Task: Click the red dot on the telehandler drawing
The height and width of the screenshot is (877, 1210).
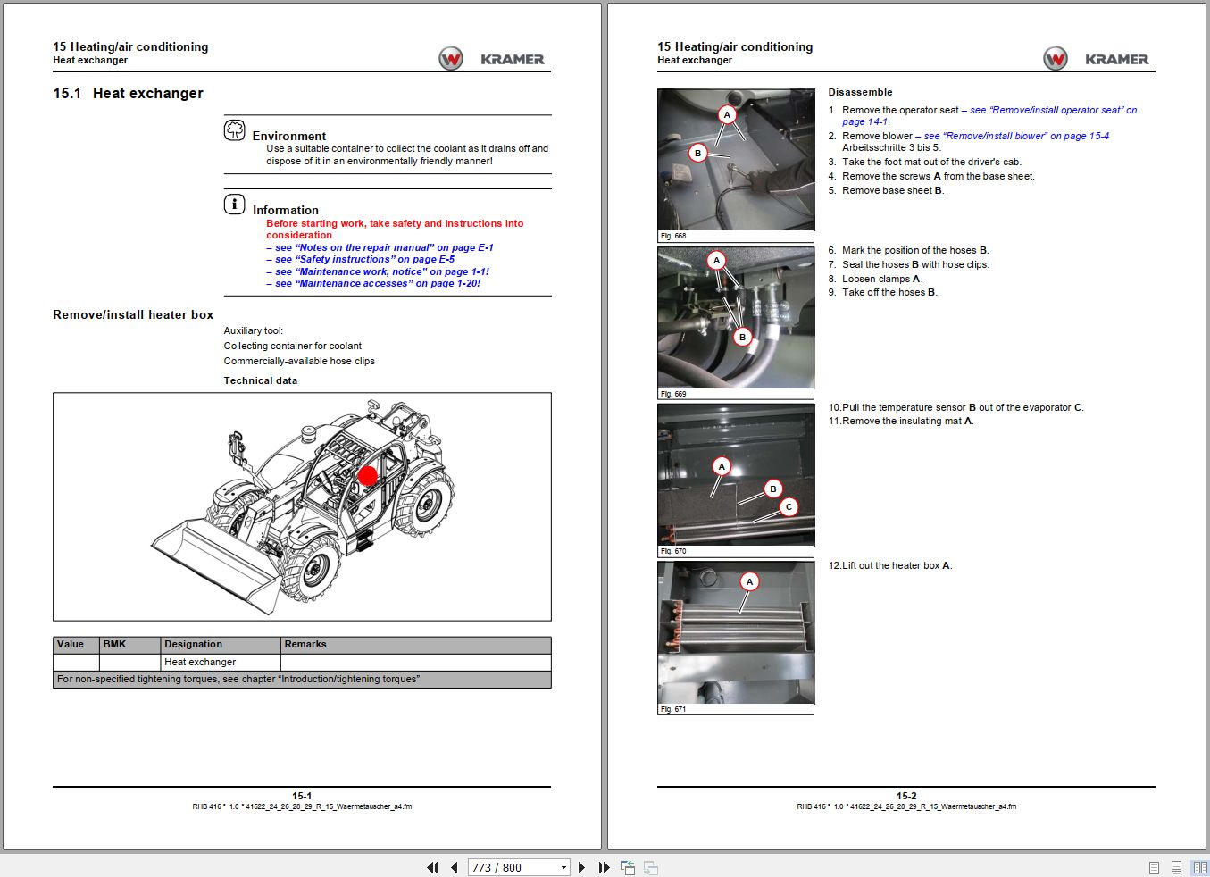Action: (x=368, y=476)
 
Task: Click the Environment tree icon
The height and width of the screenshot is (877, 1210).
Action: (x=234, y=130)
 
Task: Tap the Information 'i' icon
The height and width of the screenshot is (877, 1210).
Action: (x=234, y=205)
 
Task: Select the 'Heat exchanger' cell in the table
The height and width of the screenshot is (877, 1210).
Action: (x=200, y=662)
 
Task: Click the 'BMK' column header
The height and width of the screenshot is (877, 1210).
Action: (x=115, y=644)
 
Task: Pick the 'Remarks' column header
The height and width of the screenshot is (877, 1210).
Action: (x=305, y=644)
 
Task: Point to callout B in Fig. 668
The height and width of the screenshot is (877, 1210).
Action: (x=698, y=153)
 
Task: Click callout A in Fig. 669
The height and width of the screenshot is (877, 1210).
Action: (x=716, y=261)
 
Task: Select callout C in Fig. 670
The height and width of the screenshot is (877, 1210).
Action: (x=789, y=507)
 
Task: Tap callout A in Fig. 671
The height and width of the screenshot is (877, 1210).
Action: (x=749, y=581)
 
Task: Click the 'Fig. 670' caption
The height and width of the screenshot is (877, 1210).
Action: (x=673, y=551)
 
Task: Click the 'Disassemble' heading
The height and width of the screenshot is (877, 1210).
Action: (x=860, y=92)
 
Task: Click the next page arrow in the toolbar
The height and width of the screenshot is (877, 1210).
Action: (x=582, y=867)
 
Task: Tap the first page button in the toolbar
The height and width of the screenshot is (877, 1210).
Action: (x=433, y=867)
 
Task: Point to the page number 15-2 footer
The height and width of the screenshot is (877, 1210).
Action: (x=906, y=796)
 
